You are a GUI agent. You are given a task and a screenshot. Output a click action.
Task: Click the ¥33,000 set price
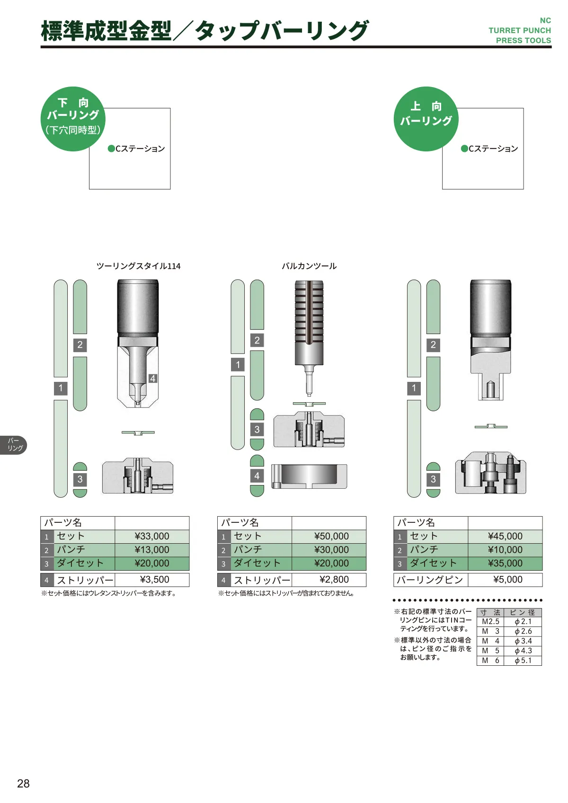pos(151,536)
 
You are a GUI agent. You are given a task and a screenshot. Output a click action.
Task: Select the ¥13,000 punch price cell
pos(151,549)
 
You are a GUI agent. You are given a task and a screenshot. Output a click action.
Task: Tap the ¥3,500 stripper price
pos(154,579)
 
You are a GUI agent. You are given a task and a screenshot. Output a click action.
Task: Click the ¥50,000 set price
pos(331,536)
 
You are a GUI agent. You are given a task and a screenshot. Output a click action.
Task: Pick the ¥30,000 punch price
pos(331,549)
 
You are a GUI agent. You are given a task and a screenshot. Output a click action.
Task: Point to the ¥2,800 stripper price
pos(334,579)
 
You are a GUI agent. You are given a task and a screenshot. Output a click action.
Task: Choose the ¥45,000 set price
pos(505,536)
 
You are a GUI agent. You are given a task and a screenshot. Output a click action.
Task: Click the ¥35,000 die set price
pos(505,563)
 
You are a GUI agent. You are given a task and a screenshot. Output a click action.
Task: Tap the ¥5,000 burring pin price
pos(508,579)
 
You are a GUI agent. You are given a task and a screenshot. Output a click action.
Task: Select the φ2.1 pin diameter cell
pos(523,622)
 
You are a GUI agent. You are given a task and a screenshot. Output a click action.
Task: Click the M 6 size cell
pos(490,660)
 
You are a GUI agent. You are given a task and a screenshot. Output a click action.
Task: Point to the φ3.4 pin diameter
pos(523,641)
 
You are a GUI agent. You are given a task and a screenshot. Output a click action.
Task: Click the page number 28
pos(23,783)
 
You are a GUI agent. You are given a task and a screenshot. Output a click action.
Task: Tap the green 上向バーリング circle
pos(426,119)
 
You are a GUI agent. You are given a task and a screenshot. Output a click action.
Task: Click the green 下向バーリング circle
pos(73,119)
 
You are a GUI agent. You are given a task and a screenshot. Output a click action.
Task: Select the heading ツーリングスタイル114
pos(138,266)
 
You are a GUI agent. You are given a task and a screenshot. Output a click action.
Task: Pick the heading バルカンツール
pos(309,266)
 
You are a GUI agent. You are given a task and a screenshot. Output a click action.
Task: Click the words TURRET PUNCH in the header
pos(520,30)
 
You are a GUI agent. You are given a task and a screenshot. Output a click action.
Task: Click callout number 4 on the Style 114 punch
pos(153,378)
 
